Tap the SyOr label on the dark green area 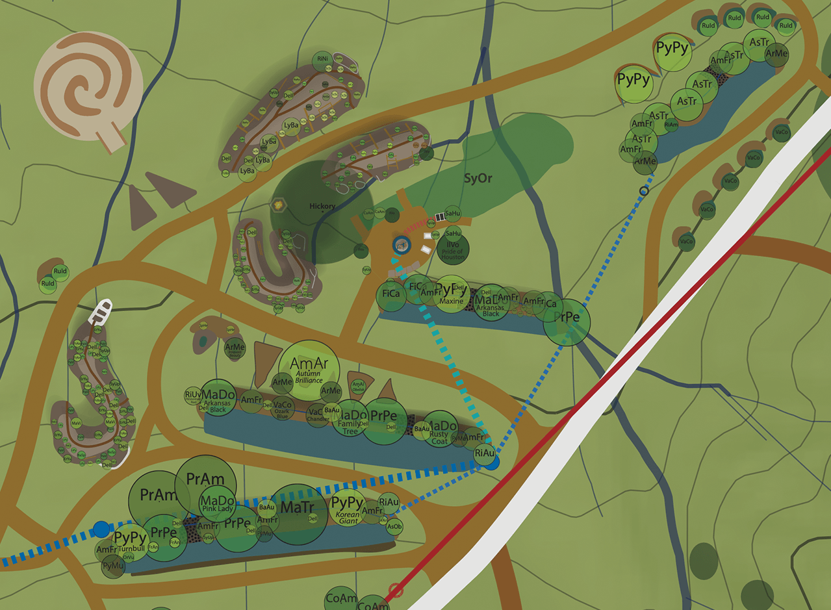tap(478, 177)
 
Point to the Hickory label tap(322, 207)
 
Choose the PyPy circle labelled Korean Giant tap(347, 509)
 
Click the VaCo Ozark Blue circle tap(282, 409)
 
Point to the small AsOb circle tap(394, 526)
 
